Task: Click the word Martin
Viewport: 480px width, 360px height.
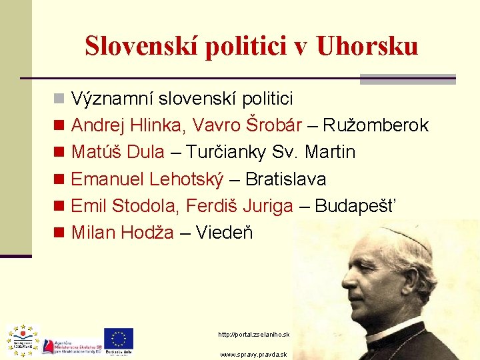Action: click(330, 152)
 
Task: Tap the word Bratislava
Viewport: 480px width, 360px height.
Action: click(286, 179)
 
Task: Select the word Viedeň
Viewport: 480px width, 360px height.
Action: click(225, 233)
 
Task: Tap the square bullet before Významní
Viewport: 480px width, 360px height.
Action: click(59, 99)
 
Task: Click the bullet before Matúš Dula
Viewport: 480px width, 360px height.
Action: click(59, 153)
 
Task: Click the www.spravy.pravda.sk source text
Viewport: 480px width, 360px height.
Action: click(254, 355)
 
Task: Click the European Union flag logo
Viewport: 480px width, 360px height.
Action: click(119, 338)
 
